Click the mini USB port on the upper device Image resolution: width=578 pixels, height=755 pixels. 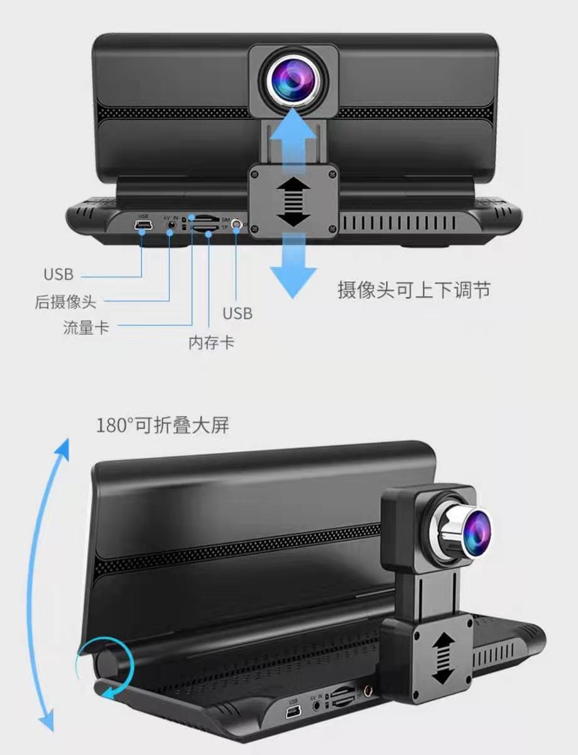[143, 225]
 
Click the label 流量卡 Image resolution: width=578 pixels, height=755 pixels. [85, 327]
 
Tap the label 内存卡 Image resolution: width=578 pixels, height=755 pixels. [212, 343]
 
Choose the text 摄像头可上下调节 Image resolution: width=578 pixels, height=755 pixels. [414, 290]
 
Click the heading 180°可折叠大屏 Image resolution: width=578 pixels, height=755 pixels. [163, 425]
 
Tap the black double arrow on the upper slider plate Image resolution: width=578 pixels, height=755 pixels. [293, 202]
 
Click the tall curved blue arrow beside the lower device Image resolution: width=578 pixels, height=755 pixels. [54, 585]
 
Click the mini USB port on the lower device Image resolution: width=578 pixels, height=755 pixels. [293, 712]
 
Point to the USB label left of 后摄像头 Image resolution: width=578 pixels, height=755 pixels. [58, 275]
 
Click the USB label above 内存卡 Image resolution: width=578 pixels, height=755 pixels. [237, 313]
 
